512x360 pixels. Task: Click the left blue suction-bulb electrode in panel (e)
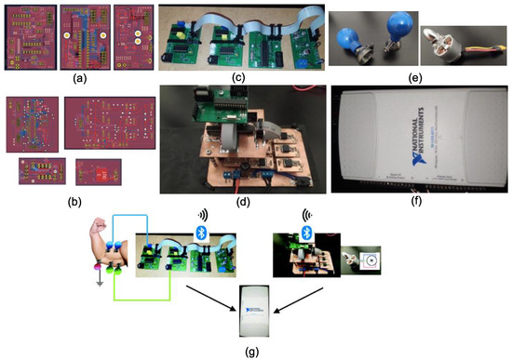pos(357,40)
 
